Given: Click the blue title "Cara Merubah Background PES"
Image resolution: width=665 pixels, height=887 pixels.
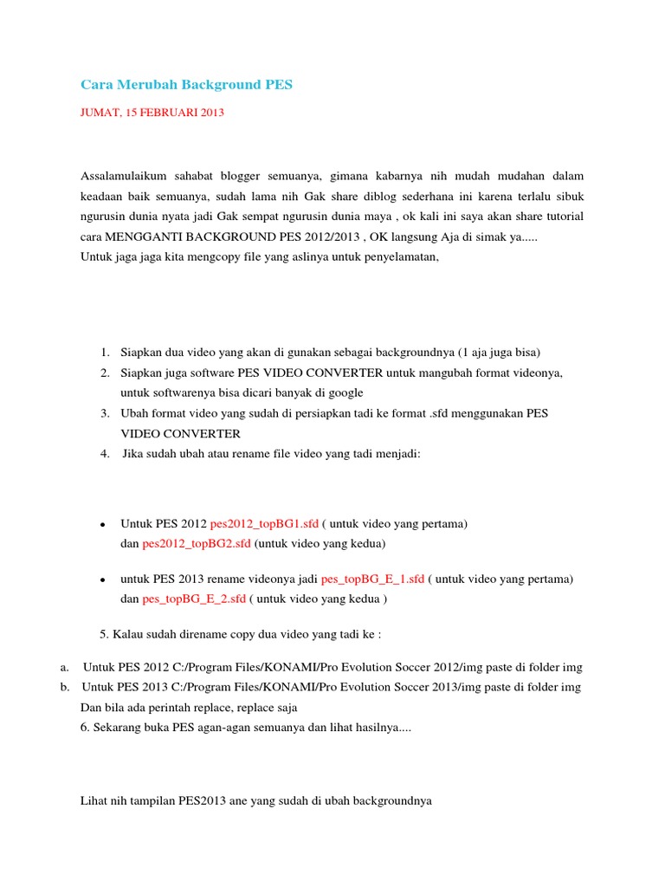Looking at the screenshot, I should pos(187,85).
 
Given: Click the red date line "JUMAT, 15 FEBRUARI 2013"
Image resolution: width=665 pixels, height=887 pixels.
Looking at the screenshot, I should pos(152,113).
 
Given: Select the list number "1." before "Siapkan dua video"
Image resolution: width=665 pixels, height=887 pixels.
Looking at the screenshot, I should pos(104,352).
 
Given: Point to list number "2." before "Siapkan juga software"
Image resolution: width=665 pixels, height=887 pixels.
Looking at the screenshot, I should pos(104,372).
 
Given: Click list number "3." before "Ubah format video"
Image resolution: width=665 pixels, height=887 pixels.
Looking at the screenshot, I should pos(104,413).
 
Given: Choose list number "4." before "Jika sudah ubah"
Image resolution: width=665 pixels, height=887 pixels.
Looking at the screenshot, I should pos(104,454).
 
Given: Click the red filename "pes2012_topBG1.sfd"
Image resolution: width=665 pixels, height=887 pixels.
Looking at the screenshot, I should pos(264,524).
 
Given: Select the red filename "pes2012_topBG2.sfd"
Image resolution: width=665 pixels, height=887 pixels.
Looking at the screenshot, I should pos(197,544).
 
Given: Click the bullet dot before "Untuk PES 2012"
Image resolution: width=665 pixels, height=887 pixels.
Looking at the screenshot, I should pos(102,525).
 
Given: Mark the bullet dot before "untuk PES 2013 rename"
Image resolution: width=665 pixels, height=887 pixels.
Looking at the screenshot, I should pos(102,579).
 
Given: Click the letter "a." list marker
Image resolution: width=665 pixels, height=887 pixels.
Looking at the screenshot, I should pos(65,667).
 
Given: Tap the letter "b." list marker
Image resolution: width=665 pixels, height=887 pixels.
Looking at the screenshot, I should pos(65,687).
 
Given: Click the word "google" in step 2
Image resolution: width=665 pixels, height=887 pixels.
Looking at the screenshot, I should pos(345,392).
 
